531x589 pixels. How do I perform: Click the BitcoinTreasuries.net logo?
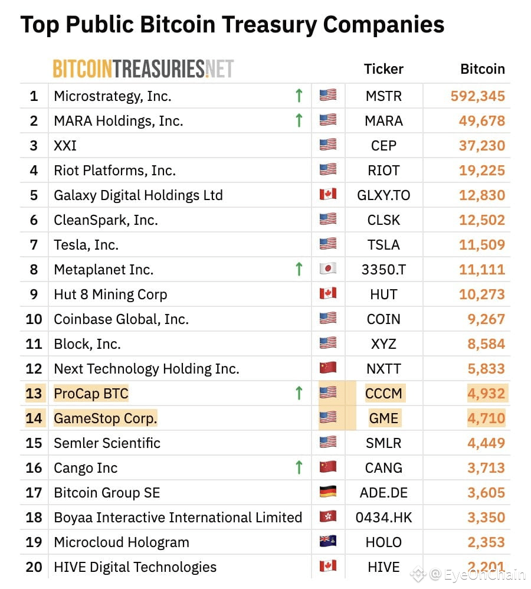(x=143, y=69)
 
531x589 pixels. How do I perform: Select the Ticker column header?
(x=383, y=69)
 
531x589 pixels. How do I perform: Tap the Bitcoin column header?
(x=482, y=69)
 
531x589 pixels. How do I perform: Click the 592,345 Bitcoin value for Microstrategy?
(x=477, y=96)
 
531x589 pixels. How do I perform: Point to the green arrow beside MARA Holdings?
(x=299, y=120)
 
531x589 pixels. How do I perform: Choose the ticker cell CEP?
(x=383, y=145)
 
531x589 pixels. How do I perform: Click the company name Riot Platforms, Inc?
(x=114, y=171)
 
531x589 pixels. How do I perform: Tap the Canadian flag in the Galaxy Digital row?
(x=327, y=195)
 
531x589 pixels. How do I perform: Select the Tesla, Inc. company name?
(x=86, y=244)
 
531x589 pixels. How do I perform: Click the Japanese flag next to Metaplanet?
(x=327, y=269)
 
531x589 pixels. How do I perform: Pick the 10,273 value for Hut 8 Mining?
(x=482, y=294)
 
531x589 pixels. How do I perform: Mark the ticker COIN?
(x=383, y=319)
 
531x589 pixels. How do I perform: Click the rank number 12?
(x=34, y=369)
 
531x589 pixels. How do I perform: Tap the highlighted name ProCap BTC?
(x=91, y=394)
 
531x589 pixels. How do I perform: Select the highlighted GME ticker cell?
(x=383, y=418)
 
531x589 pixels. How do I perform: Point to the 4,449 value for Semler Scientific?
(x=486, y=443)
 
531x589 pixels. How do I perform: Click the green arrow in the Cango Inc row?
(x=299, y=467)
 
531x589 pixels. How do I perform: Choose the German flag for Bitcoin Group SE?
(x=327, y=493)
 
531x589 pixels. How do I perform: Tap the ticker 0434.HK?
(x=383, y=518)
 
